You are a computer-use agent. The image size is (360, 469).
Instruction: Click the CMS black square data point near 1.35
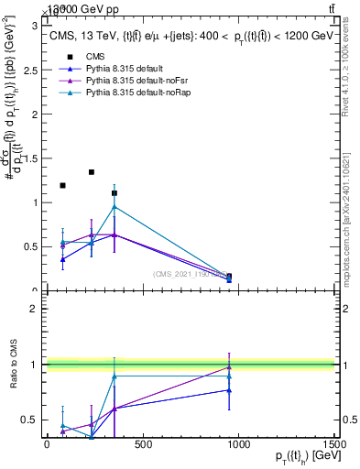[x=92, y=172]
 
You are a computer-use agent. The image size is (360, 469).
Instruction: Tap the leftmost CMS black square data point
[x=62, y=186]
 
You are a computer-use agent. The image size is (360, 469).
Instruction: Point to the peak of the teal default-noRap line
[x=115, y=206]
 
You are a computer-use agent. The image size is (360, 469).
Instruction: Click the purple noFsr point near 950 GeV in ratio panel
[x=229, y=367]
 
